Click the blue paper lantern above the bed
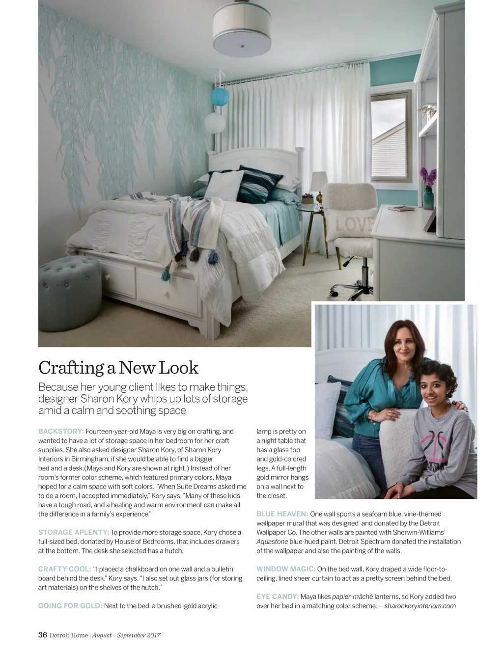220,96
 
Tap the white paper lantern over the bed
215,123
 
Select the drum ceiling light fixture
242,30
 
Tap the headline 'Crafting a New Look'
118,368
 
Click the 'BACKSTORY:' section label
61,432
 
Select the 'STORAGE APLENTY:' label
74,532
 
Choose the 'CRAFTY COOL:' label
64,569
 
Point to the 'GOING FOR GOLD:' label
70,606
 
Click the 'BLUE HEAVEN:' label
282,514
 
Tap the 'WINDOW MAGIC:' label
286,569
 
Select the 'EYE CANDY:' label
278,597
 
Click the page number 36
43,635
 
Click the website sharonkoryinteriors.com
420,606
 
